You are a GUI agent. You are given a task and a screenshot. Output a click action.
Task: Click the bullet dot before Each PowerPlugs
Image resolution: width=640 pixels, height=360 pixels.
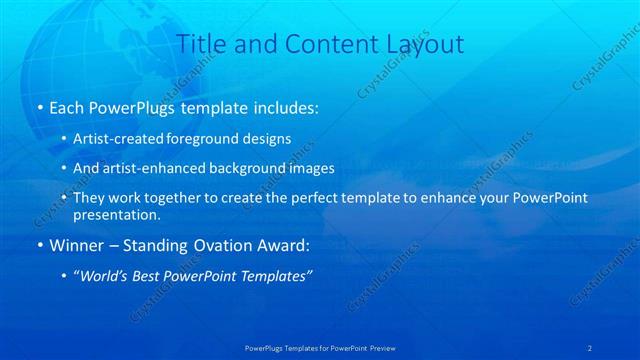click(38, 106)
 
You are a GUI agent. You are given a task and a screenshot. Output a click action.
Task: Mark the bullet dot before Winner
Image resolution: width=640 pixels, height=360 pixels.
click(38, 245)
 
